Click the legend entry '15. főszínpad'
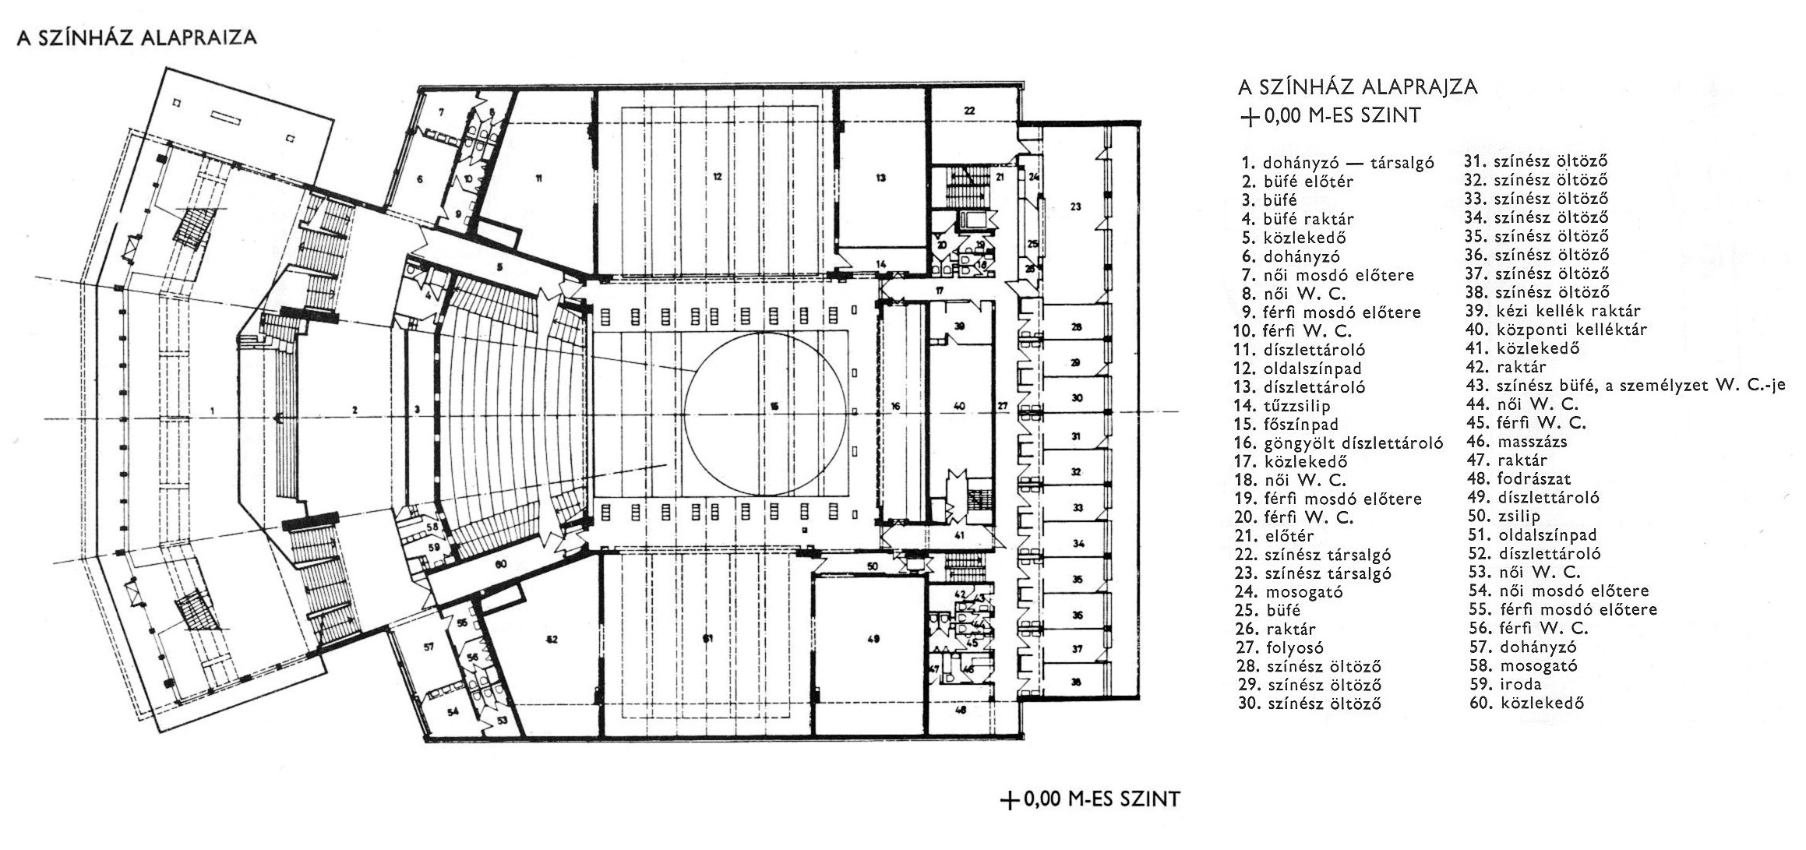tap(1286, 425)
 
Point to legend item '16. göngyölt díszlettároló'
tap(1339, 443)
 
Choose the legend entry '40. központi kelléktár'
tap(1556, 330)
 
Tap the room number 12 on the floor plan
tap(717, 178)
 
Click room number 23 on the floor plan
tap(1076, 207)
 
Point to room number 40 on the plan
tap(959, 406)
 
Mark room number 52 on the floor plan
tap(552, 639)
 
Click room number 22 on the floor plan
tap(969, 111)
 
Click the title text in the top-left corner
tap(136, 39)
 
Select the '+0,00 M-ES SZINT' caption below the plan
tap(1091, 799)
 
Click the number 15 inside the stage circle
tap(774, 405)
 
